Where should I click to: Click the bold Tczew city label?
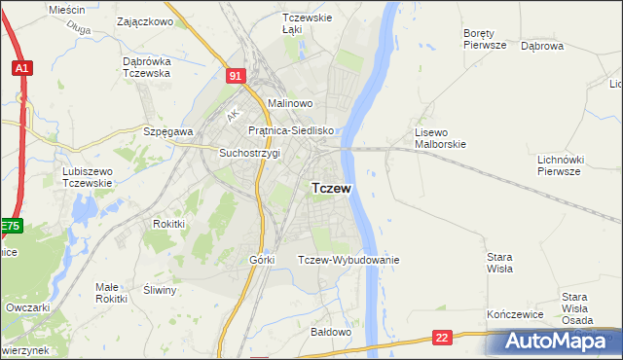[x=331, y=188]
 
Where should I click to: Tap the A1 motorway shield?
[x=21, y=68]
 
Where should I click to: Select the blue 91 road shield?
[x=236, y=74]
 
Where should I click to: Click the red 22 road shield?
[x=443, y=337]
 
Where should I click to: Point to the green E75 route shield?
[x=10, y=227]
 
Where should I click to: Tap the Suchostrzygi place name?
[x=249, y=153]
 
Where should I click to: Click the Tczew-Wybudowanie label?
[x=348, y=260]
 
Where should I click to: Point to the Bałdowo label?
[x=330, y=332]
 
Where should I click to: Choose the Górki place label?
[x=263, y=260]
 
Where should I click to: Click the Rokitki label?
[x=168, y=223]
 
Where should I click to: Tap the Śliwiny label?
[x=160, y=290]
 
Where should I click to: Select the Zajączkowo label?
[x=144, y=20]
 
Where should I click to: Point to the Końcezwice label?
[x=513, y=315]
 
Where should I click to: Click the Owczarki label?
[x=28, y=307]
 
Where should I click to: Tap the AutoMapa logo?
[x=556, y=342]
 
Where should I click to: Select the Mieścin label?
[x=67, y=9]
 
